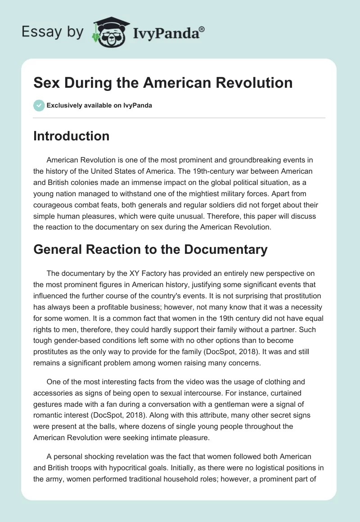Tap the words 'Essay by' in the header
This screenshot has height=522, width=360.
click(x=53, y=32)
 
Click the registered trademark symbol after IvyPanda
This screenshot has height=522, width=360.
click(x=202, y=28)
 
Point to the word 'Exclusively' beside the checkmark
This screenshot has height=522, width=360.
click(x=63, y=105)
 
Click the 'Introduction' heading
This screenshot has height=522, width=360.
click(x=71, y=136)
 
